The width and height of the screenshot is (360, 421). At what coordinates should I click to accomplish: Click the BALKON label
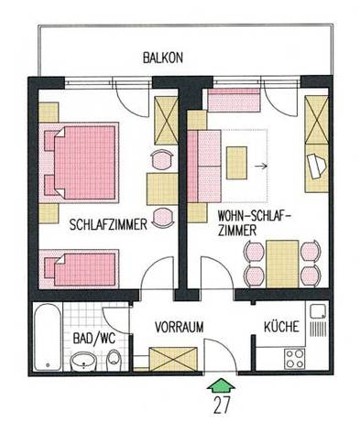tap(163, 58)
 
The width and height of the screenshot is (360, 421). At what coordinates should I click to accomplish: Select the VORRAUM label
tap(179, 327)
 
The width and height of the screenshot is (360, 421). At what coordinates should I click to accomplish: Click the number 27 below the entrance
tap(220, 404)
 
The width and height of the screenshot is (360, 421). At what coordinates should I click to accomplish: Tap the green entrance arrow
tap(220, 382)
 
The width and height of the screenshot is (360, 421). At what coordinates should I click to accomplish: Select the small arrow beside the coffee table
tap(262, 167)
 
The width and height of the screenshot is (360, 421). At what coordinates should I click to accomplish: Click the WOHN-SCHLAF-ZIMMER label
tap(249, 224)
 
